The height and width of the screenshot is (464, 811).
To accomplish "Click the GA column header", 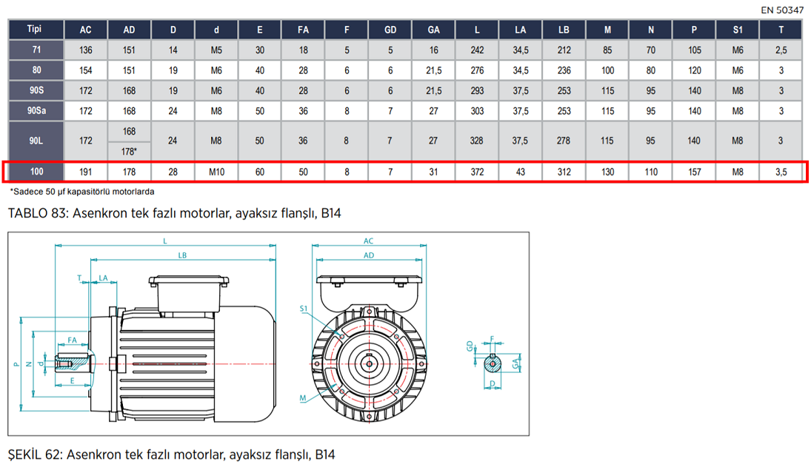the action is [433, 30].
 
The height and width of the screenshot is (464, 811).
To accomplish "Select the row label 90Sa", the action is [37, 110].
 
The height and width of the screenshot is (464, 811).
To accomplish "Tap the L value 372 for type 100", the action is [477, 172].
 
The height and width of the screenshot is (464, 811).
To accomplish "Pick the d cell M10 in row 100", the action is [216, 172].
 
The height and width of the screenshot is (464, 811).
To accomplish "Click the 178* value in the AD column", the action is [130, 152].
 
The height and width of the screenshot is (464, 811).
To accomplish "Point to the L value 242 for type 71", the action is [477, 50].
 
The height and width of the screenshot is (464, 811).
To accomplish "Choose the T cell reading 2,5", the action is [781, 50].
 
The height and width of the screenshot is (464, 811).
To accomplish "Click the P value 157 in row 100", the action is [694, 172].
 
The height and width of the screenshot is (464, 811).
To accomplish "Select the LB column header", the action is [564, 30].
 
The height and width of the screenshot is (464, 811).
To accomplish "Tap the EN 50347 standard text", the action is [782, 10].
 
